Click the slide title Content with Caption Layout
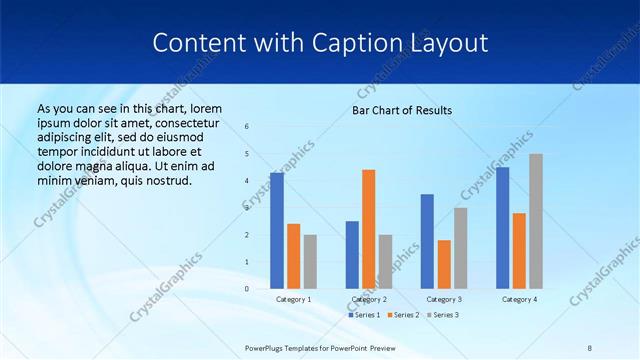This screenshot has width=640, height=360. pos(320,43)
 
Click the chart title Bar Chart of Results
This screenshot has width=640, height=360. pos(401,110)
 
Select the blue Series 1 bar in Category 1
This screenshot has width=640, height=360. pos(277,230)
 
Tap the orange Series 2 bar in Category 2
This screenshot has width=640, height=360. pos(368,229)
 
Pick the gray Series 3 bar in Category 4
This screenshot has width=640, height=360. pos(536,221)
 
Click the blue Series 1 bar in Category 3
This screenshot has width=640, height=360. pos(427,241)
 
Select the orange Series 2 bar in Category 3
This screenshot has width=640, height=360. pos(444,264)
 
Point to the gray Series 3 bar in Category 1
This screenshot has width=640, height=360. pos(310,261)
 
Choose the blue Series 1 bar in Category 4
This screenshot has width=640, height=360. pos(502,227)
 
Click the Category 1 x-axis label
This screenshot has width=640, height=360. pos(293,299)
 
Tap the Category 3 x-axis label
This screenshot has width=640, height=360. pos(444,299)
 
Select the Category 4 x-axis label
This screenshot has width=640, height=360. pos(519,299)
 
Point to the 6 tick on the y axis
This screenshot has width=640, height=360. pos(247,127)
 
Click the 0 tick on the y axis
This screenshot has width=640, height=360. pos(247,289)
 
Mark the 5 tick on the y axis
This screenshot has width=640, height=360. pos(247,154)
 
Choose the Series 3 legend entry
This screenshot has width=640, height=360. pos(444,315)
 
